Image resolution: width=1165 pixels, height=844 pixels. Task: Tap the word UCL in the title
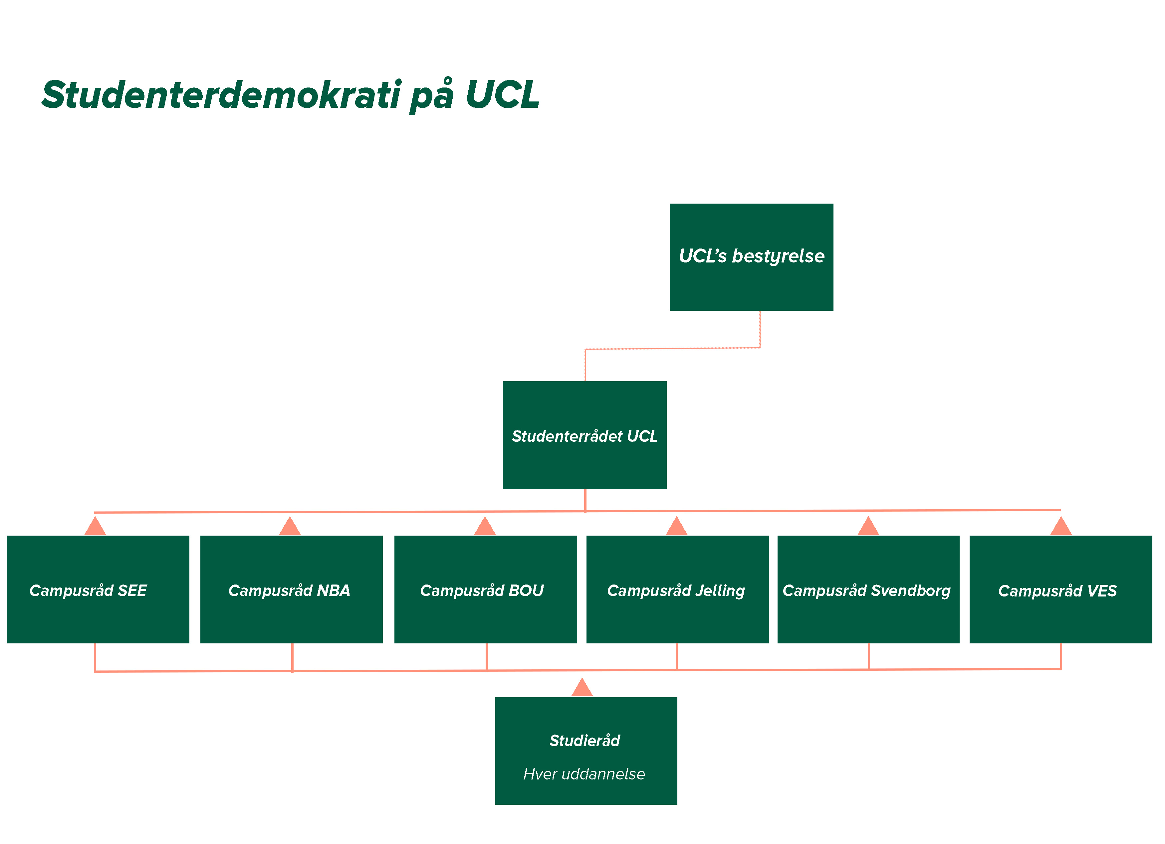point(502,95)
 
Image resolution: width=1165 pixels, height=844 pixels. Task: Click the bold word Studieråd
point(584,740)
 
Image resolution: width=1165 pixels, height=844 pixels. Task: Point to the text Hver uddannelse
point(584,774)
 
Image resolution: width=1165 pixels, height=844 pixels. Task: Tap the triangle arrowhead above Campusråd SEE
point(95,528)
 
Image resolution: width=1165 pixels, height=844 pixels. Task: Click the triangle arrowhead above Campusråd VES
point(1061,528)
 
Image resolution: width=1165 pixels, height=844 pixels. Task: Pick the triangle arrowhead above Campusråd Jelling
point(676,528)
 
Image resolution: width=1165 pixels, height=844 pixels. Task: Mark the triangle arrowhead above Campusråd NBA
point(290,528)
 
